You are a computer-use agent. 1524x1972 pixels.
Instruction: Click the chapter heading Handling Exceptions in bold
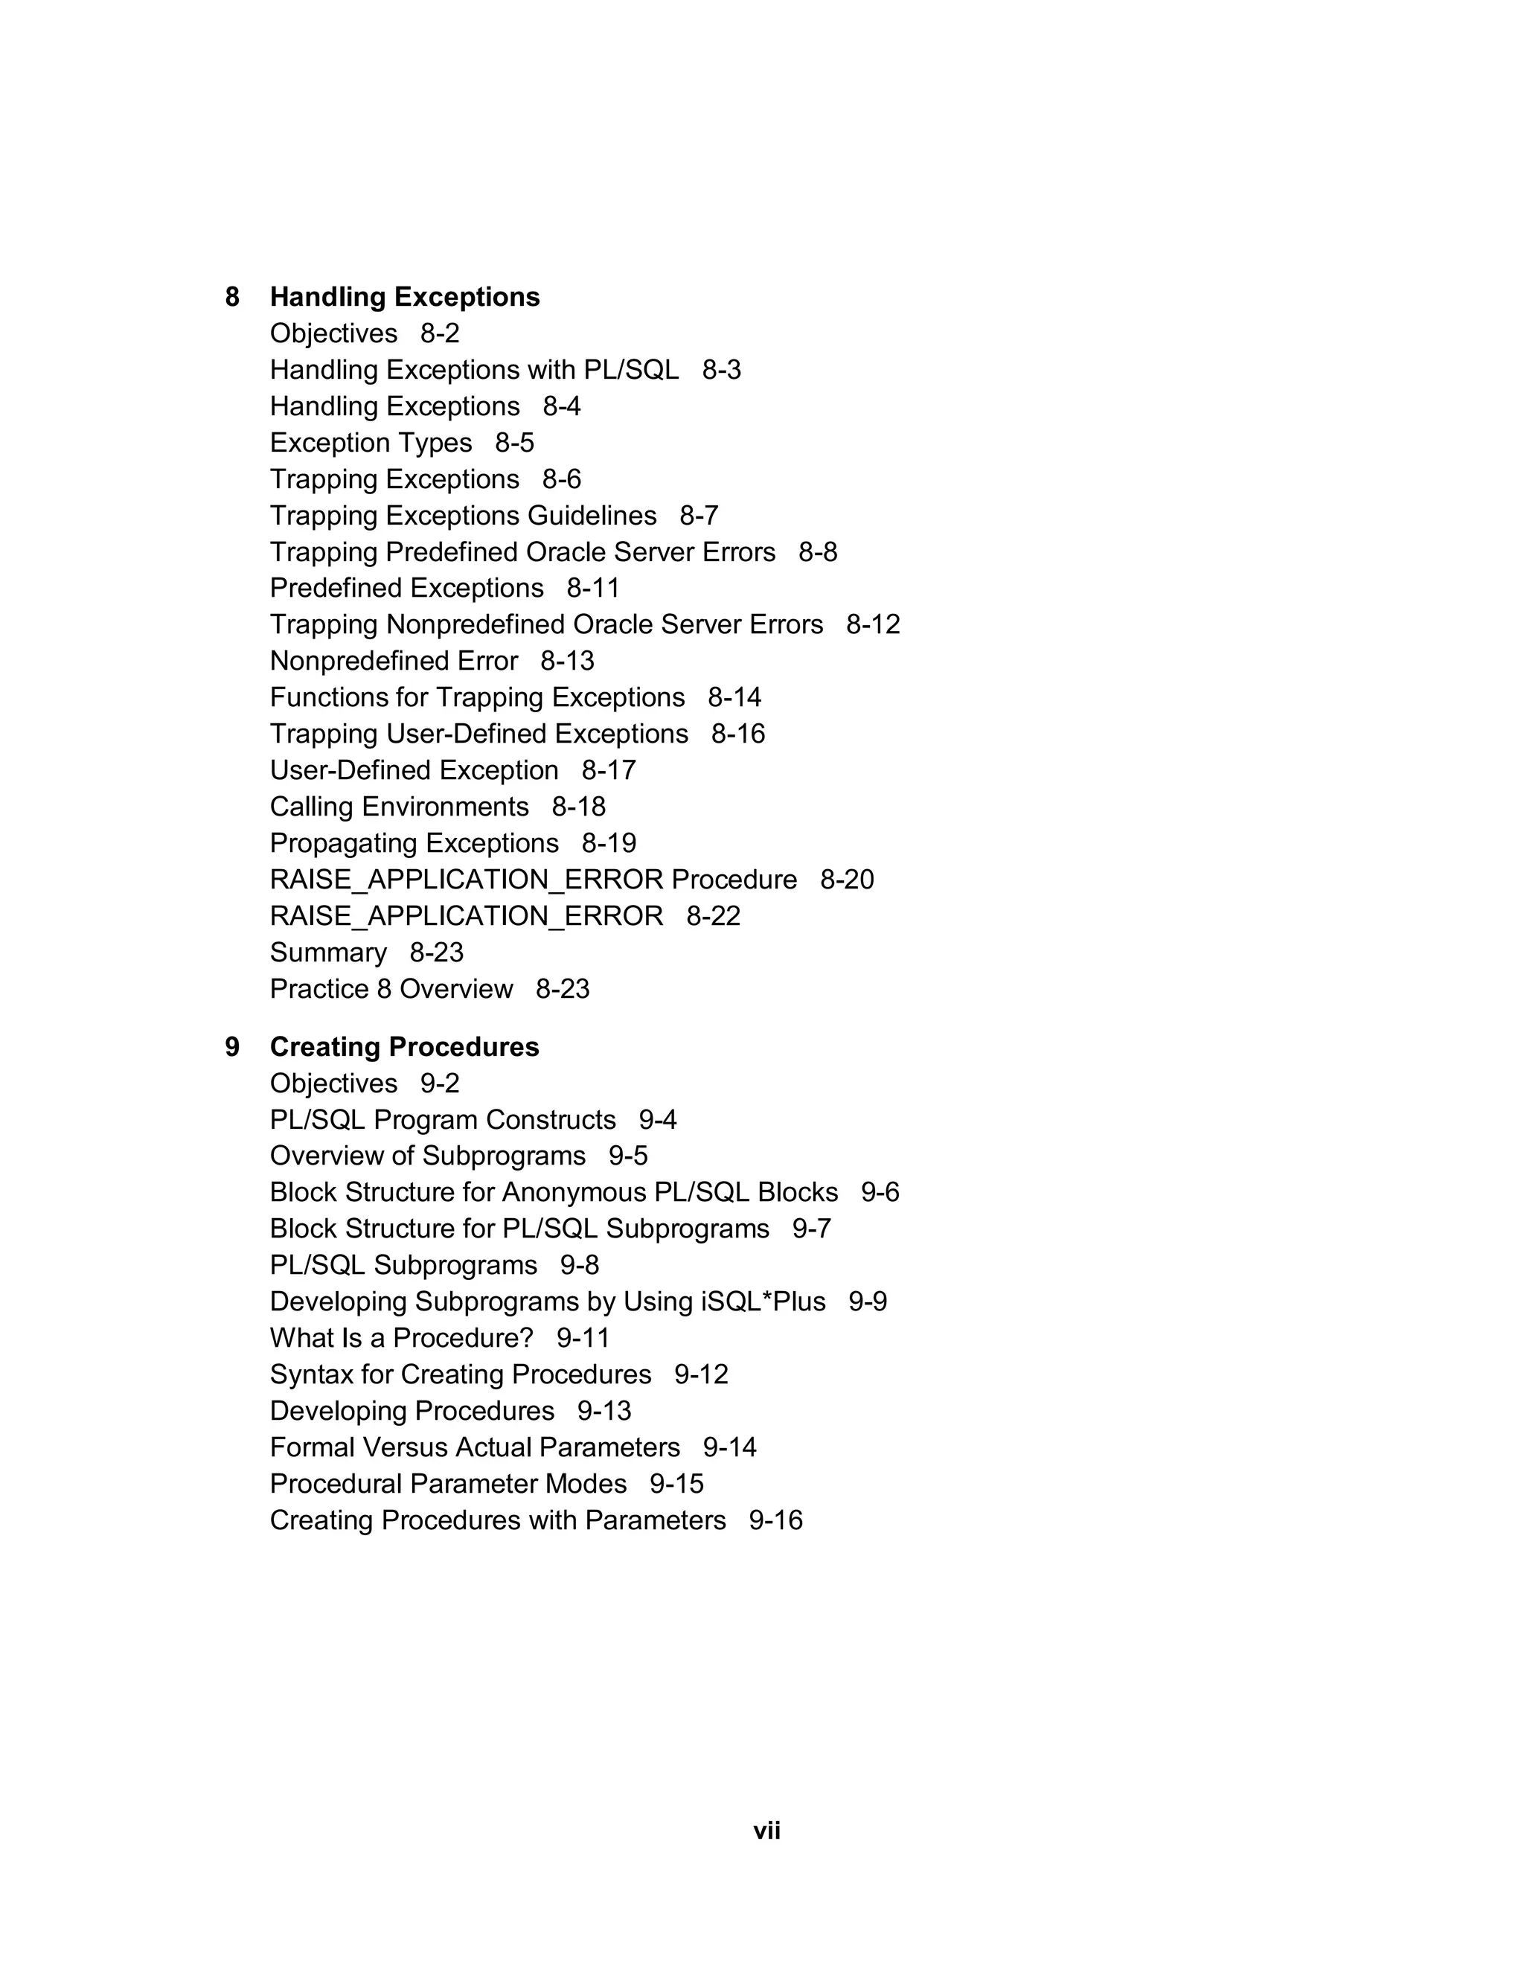tap(405, 297)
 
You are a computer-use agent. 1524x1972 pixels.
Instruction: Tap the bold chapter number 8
tap(232, 297)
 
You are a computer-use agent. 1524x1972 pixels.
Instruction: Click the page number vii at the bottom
tap(766, 1831)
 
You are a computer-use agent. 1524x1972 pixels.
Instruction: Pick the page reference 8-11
tap(593, 588)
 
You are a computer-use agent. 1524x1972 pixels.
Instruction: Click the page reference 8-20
tap(847, 880)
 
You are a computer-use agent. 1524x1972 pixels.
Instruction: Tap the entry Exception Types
tap(371, 443)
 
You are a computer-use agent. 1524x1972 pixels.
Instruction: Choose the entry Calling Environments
tap(399, 807)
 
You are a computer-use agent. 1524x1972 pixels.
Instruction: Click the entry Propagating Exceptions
tap(414, 843)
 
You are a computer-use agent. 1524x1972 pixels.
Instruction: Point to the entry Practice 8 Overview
tap(391, 989)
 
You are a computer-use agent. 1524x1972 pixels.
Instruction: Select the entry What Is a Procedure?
tap(402, 1337)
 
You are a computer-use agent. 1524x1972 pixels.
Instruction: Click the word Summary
tap(327, 953)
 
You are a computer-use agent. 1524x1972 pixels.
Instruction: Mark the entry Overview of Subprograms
tap(428, 1156)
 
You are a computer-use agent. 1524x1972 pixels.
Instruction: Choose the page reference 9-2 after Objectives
tap(440, 1083)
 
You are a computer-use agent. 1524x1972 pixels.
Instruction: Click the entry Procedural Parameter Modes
tap(448, 1484)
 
